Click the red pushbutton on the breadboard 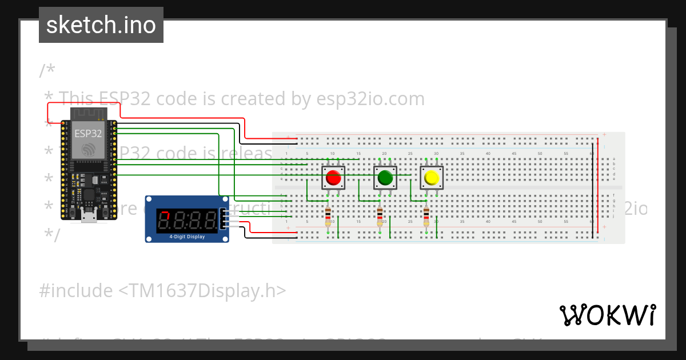[333, 178]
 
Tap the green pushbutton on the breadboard [385, 178]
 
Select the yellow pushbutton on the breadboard [431, 178]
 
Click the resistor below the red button [328, 217]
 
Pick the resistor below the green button [380, 217]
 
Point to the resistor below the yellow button [426, 217]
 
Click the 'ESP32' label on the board [88, 134]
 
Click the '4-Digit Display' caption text [187, 236]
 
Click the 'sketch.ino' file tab [101, 25]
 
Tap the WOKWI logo [607, 315]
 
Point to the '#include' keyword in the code [76, 291]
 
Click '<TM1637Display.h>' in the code [202, 291]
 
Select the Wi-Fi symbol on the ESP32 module [89, 150]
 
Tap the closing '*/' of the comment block [51, 235]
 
